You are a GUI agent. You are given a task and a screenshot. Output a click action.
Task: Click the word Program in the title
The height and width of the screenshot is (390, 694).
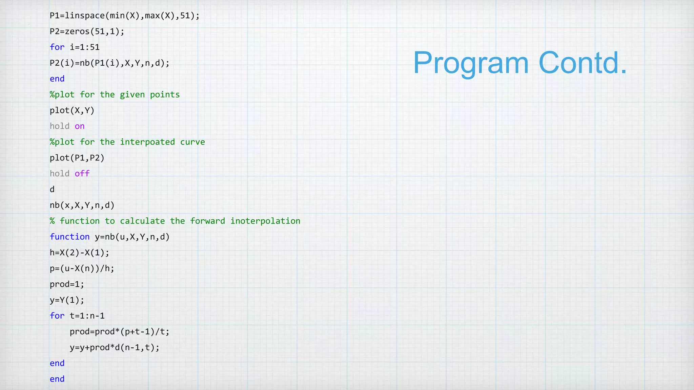pos(471,63)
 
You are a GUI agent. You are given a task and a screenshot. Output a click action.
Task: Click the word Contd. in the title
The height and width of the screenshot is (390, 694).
pos(583,63)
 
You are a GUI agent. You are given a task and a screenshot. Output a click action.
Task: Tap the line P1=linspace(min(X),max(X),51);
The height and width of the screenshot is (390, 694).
pos(124,16)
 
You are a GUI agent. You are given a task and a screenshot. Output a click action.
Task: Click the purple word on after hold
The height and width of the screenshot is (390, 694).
pos(80,126)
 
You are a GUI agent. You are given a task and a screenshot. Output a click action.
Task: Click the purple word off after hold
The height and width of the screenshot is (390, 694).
pos(82,174)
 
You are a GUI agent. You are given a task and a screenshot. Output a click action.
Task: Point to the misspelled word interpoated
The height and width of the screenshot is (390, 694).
pos(147,142)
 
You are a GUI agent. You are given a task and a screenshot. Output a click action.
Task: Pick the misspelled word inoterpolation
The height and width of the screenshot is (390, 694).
pos(265,221)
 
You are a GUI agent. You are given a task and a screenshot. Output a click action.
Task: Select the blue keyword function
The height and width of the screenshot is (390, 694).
pos(69,237)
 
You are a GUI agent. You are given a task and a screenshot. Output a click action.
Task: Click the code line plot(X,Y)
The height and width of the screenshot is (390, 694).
pos(72,111)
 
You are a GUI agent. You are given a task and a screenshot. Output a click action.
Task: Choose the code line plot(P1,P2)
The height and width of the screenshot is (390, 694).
pos(77,158)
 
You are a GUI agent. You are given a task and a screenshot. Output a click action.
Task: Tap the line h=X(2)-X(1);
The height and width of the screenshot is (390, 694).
pos(79,253)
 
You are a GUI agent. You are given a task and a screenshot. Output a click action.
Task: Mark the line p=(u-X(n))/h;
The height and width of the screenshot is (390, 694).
pos(82,268)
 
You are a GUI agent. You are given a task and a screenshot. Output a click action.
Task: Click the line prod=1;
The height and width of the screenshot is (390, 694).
pos(67,284)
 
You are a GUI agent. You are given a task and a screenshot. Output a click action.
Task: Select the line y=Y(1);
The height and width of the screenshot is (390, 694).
pos(67,300)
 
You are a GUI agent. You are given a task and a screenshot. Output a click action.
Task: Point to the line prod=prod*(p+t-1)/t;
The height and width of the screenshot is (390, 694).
pos(119,332)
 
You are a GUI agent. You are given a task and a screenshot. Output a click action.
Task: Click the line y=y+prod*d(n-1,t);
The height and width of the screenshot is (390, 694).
pos(114,348)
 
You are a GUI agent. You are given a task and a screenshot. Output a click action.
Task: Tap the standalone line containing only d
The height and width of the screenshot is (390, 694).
pos(52,190)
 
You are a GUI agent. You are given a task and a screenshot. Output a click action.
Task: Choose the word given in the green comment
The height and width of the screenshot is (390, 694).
pos(132,95)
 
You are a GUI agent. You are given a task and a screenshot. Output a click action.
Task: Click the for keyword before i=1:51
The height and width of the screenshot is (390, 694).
pos(57,47)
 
